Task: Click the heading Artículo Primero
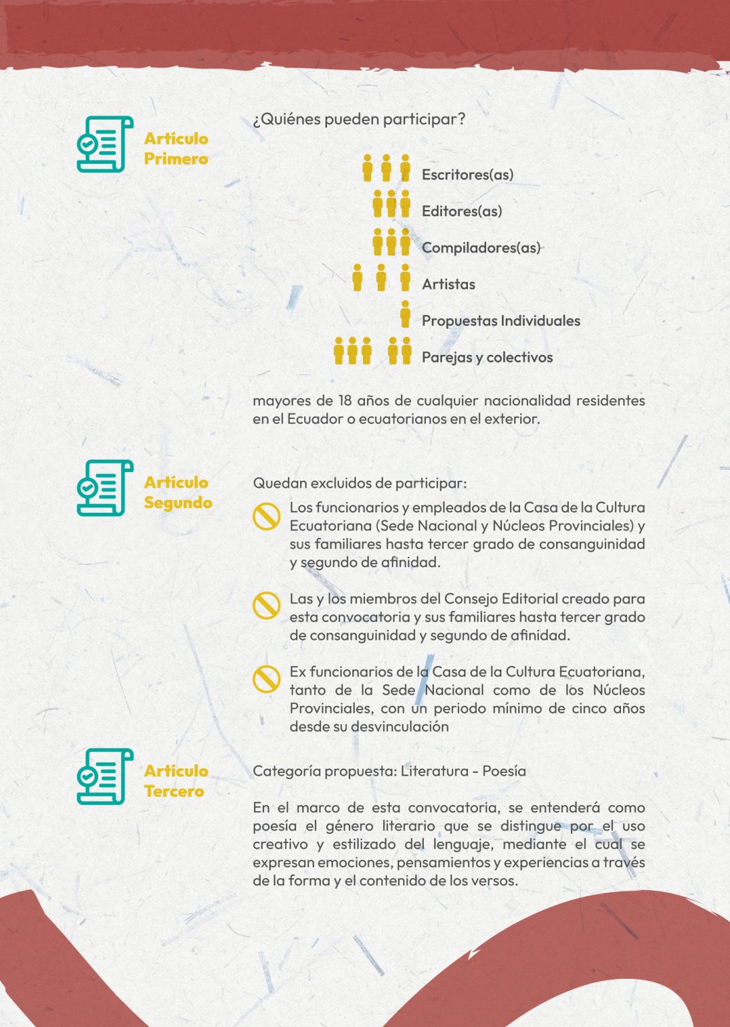click(176, 148)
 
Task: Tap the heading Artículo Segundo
click(178, 492)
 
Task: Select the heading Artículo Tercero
click(176, 781)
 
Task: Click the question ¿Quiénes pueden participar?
click(359, 120)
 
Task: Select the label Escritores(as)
click(467, 175)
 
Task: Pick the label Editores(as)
click(461, 211)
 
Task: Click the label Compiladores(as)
click(481, 247)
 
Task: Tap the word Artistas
click(448, 284)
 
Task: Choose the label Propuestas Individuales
click(501, 321)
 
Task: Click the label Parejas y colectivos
click(487, 357)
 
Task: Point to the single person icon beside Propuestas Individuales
click(405, 314)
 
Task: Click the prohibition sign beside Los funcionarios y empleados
click(266, 517)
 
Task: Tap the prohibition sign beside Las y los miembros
click(266, 606)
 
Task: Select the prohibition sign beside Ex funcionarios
click(266, 679)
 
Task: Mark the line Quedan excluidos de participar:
click(360, 483)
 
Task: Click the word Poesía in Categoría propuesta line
click(504, 771)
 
